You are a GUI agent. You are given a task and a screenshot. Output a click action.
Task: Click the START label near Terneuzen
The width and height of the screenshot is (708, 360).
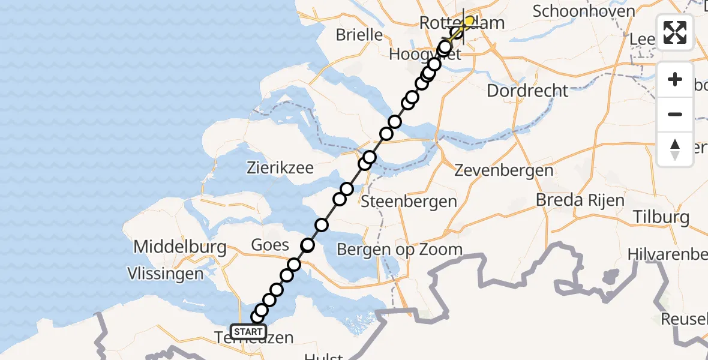coord(248,332)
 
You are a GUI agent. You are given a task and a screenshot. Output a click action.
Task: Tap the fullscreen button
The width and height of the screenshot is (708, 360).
coord(675,32)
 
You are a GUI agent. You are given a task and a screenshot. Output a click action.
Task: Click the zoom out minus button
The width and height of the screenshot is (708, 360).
coord(675,114)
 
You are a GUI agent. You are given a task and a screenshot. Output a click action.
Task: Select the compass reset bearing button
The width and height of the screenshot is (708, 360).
coord(675,149)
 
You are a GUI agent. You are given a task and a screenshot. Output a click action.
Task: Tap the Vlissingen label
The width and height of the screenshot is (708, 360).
coord(166,274)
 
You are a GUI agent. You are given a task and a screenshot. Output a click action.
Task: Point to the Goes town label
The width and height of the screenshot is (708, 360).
coord(270,245)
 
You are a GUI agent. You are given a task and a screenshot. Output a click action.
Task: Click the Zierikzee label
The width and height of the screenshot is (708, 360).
coord(280,168)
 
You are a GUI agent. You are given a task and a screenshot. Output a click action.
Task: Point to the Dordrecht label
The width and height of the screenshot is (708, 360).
coord(527,91)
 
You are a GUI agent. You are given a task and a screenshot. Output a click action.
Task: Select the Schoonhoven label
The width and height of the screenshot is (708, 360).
coord(584,11)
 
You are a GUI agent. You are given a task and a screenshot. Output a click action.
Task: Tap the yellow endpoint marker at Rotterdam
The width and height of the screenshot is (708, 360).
coord(469,21)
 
